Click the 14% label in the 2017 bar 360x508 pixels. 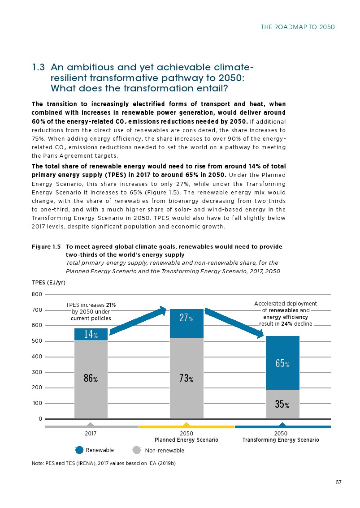coord(91,334)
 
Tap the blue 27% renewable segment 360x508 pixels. coord(187,323)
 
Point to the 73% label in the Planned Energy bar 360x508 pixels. coord(187,379)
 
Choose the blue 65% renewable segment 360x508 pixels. coord(282,363)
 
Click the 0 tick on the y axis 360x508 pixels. coord(40,419)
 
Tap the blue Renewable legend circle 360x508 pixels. coord(79,450)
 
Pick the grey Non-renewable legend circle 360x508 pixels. coord(138,450)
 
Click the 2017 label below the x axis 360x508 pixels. coord(91,434)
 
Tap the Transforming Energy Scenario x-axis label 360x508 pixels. coord(281,440)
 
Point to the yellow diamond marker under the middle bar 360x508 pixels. coord(187,425)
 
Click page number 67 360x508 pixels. coord(338,482)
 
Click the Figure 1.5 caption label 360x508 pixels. coord(46,247)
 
